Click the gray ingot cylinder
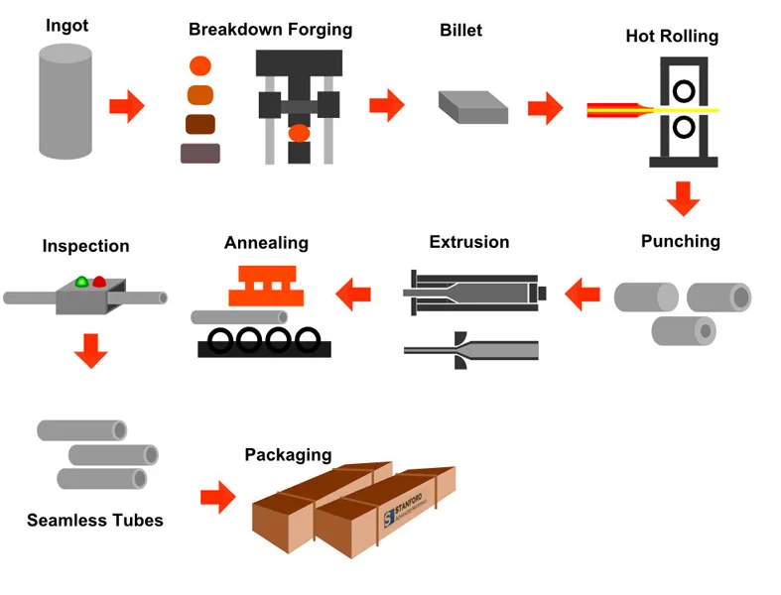pos(66,98)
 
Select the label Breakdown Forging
pos(270,29)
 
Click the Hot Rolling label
pos(672,37)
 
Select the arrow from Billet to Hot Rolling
pos(545,107)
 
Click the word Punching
pos(681,241)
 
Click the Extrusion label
pos(469,242)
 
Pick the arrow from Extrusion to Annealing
pos(354,293)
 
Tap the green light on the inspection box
pos(82,283)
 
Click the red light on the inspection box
pos(99,283)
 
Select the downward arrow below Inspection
pos(90,350)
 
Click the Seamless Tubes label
pos(95,520)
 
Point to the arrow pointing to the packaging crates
pos(217,497)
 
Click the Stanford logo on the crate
pos(388,515)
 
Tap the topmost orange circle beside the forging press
pos(200,67)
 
